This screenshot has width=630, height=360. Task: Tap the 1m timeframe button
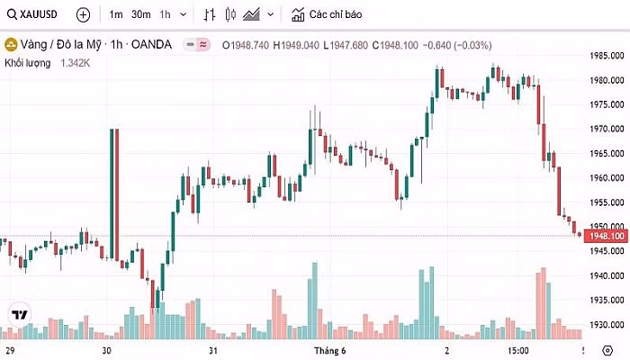point(116,14)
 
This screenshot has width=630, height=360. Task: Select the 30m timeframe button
point(140,14)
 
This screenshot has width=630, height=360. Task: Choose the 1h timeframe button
point(165,14)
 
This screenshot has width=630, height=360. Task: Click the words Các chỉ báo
point(335,14)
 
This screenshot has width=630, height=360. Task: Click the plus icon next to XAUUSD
point(83,14)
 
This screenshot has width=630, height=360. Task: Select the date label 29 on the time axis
point(11,349)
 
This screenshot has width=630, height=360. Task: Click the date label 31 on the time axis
point(213,349)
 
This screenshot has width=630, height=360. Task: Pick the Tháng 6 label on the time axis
point(328,349)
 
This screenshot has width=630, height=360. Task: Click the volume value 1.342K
point(76,63)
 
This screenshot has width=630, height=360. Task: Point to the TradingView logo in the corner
point(17,315)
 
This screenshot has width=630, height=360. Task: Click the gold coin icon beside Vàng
point(11,44)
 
